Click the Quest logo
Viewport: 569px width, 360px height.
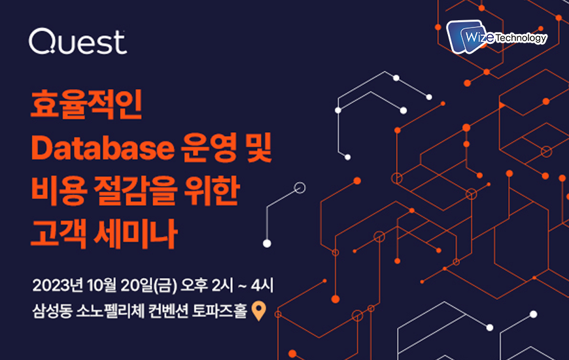(x=78, y=42)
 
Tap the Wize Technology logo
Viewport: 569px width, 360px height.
(x=497, y=37)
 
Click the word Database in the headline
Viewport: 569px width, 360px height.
(x=103, y=148)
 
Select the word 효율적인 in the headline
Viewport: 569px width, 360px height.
(x=86, y=105)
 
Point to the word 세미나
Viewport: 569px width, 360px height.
(x=135, y=234)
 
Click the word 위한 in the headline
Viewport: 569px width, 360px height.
(x=212, y=190)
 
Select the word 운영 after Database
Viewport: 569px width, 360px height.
(x=209, y=147)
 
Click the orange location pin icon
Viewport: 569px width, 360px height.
(x=259, y=311)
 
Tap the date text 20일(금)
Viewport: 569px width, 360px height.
(x=148, y=285)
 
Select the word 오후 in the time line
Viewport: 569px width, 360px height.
(x=194, y=285)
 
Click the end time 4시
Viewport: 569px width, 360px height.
(x=262, y=285)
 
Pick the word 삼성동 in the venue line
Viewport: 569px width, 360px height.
(x=52, y=311)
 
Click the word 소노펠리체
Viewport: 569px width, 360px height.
(x=111, y=311)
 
